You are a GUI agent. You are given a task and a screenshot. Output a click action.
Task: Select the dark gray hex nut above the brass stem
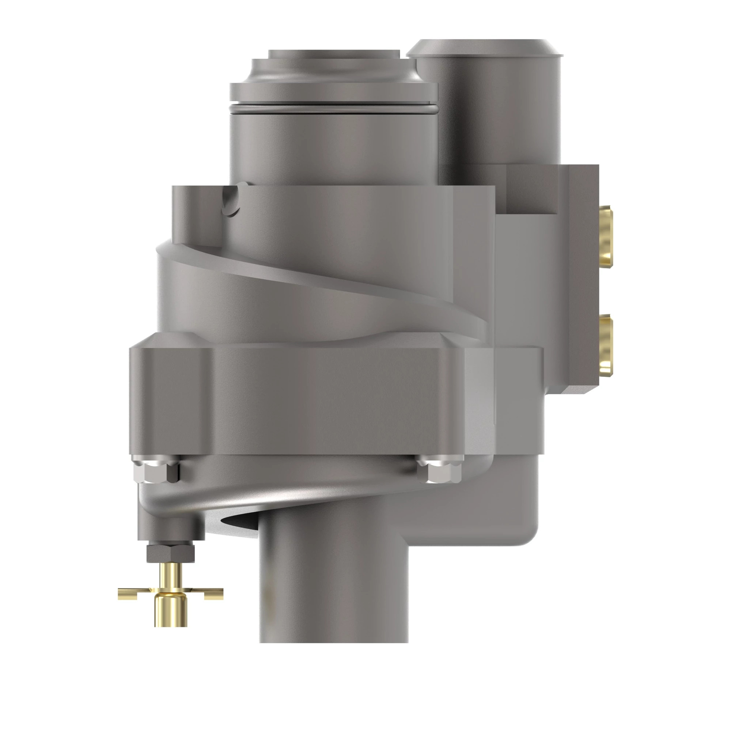[x=170, y=553]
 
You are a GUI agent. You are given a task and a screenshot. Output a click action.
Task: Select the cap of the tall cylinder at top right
[x=484, y=47]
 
